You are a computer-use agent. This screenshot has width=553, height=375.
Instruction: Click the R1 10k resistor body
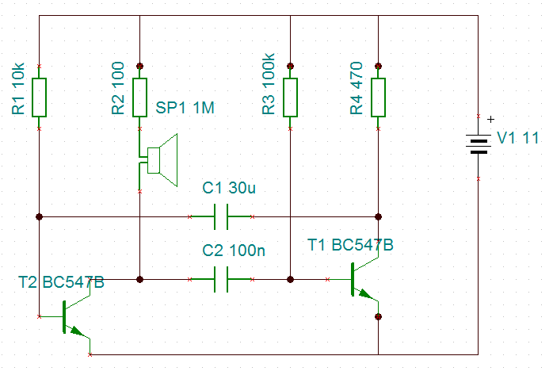click(39, 98)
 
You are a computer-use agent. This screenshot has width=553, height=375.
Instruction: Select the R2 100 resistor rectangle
click(139, 98)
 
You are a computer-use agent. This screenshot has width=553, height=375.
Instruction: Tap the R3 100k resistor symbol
click(290, 98)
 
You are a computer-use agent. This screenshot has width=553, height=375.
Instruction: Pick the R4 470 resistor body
click(378, 98)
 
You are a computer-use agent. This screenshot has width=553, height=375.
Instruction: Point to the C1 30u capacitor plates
click(221, 216)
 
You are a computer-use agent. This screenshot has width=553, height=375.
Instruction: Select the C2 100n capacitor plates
click(221, 279)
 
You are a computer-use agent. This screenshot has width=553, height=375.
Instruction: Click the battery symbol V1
click(479, 144)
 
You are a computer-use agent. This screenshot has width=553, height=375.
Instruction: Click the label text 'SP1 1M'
click(185, 108)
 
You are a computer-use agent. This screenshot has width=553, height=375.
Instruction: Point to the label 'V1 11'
click(517, 138)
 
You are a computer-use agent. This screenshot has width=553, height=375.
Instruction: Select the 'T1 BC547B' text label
click(350, 245)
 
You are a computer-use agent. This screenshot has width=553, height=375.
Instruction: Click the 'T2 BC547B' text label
click(61, 282)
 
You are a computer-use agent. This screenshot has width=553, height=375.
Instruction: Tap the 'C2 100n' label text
click(234, 251)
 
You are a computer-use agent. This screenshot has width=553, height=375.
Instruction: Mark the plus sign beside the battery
click(490, 120)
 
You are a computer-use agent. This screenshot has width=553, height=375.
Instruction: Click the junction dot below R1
click(39, 216)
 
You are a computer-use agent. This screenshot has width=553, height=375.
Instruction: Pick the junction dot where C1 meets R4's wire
click(378, 216)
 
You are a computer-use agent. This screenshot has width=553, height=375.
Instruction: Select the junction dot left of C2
click(139, 279)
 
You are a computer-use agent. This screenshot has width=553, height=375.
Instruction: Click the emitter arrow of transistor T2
click(77, 331)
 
